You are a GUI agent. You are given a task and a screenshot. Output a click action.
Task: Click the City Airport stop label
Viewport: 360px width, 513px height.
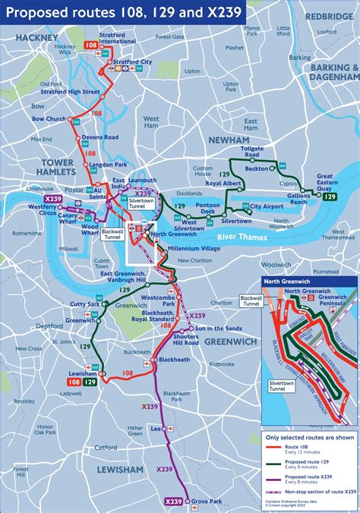pos(267,206)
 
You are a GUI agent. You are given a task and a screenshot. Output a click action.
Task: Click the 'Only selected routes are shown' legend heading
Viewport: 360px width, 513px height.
pos(308,438)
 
